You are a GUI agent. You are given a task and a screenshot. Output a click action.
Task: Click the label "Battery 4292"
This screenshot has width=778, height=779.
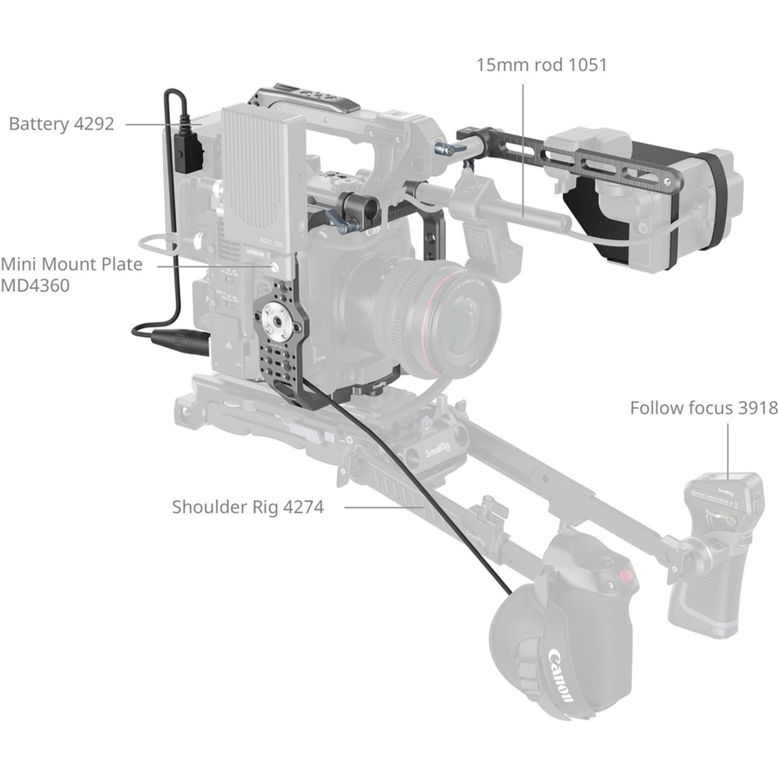[x=62, y=123]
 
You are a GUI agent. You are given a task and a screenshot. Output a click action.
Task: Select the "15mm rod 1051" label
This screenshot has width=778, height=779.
[x=541, y=65]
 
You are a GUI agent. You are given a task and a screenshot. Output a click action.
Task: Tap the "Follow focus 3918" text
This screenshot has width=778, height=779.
[x=703, y=408]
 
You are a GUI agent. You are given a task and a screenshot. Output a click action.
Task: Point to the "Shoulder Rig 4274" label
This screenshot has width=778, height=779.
[x=247, y=506]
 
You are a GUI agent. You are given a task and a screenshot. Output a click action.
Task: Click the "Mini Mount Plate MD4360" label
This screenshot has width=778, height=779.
[x=71, y=274]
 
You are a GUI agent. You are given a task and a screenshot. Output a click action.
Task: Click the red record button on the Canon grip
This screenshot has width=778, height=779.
[x=625, y=575]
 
